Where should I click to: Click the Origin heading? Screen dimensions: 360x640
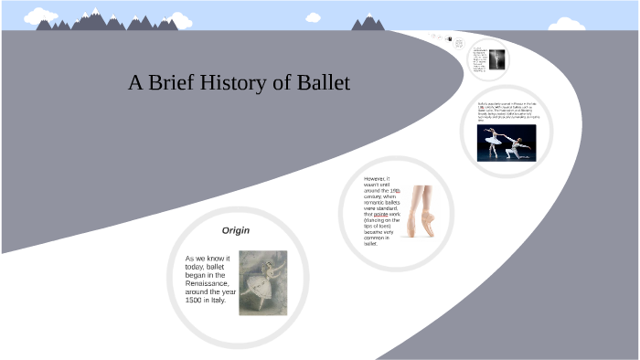point(236,230)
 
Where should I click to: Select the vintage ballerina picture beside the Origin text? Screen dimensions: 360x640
point(262,282)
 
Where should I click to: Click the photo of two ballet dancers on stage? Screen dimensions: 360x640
point(506,143)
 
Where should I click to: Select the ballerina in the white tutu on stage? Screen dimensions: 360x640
point(495,140)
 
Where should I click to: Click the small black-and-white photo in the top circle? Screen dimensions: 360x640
point(496,59)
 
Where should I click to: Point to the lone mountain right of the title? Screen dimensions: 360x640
point(368,22)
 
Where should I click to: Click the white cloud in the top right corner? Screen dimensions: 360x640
point(568,22)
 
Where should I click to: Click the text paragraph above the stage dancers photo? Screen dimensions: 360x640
point(506,111)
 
